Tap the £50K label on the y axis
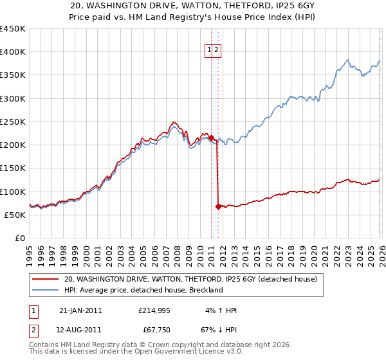(x=15, y=215)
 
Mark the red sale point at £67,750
(x=218, y=206)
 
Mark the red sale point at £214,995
(x=212, y=138)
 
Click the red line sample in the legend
(x=45, y=280)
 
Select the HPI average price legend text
(x=143, y=290)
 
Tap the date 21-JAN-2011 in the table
(x=80, y=310)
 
